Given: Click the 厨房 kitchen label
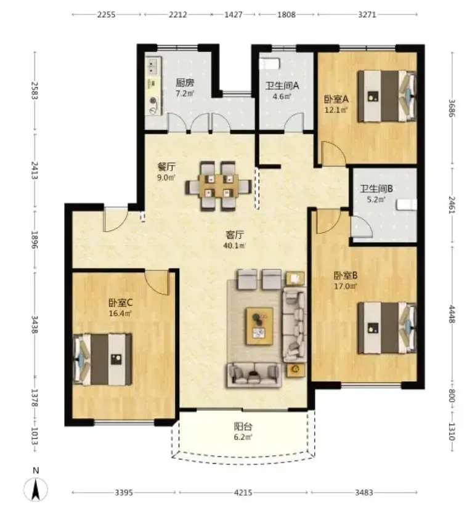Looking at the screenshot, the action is pos(185,83).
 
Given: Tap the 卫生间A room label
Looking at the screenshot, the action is pos(282,86).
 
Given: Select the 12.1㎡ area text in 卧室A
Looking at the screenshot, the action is pos(336,110).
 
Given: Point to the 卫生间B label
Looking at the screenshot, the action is pos(376,188).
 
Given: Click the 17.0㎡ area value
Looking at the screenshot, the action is pos(345,286).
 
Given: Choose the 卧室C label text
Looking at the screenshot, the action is pos(121,303).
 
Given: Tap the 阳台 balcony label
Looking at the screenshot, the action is pos(243,427).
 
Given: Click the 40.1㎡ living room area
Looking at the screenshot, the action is pos(234,246).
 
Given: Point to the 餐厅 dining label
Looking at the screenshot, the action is pos(166,167).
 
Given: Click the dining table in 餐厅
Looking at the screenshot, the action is pos(218,186).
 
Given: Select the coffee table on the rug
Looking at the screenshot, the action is pos(259,326).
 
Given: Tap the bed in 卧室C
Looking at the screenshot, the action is pos(102,359).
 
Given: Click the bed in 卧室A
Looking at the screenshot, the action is pos(387,96).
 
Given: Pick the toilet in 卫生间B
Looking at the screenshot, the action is pos(407,205).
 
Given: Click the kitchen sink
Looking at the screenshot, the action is pos(153,66).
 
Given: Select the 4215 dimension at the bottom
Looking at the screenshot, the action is pos(243,493).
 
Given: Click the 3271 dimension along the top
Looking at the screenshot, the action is pos(367,15).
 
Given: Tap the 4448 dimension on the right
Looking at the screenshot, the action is pos(452,314).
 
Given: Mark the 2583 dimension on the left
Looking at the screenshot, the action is pos(35,91).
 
